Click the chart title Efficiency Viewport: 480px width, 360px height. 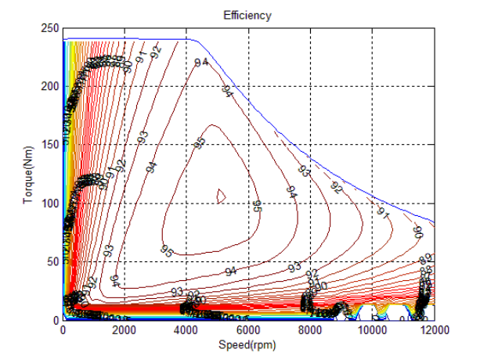tap(248, 15)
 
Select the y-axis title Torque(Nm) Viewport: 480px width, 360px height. tap(29, 174)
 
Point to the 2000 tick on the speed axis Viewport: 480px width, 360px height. tap(125, 331)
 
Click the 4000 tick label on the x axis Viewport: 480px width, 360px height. tap(186, 331)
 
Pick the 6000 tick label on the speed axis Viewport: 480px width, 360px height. tap(248, 331)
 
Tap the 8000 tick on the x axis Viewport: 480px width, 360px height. tap(310, 331)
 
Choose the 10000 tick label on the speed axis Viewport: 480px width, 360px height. tap(372, 331)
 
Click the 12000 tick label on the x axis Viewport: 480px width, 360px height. tap(434, 331)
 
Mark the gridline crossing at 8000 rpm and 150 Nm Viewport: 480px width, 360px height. tap(310, 145)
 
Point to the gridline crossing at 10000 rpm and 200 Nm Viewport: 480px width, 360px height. tap(372, 86)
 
